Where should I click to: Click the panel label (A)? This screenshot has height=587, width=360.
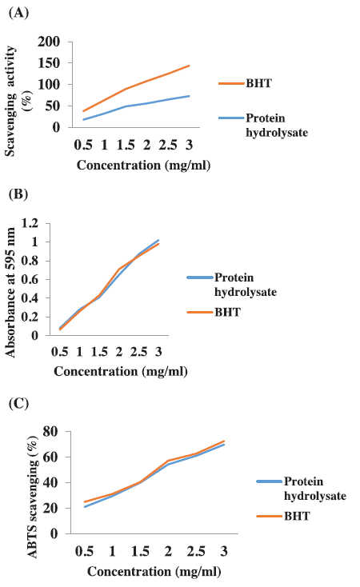coord(18,13)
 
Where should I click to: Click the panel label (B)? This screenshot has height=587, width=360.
coord(18,194)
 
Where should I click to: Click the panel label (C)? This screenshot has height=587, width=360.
coord(18,404)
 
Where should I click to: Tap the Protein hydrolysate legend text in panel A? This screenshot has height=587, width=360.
coord(277,126)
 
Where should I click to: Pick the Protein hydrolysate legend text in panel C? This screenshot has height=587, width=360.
coord(315,489)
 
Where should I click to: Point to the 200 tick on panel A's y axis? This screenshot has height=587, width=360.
coord(49,42)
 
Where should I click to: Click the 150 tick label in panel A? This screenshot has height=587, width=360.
coord(49,63)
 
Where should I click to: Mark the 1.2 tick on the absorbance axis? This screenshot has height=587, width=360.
coord(30,223)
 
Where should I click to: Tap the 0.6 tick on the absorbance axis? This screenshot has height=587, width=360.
coord(30,279)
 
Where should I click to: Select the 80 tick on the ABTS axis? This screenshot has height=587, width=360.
coord(50,431)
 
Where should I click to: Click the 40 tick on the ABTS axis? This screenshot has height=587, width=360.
coord(50,482)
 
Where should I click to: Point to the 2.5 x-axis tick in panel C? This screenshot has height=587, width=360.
coord(196,552)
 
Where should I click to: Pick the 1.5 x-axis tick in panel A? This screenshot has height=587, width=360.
coord(126,145)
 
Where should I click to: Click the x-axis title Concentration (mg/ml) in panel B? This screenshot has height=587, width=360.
coord(121,371)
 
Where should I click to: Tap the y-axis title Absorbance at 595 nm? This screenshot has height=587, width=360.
coord(10,293)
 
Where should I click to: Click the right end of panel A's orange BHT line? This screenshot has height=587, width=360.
coord(189,66)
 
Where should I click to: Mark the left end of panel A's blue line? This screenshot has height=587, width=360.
coord(83,120)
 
